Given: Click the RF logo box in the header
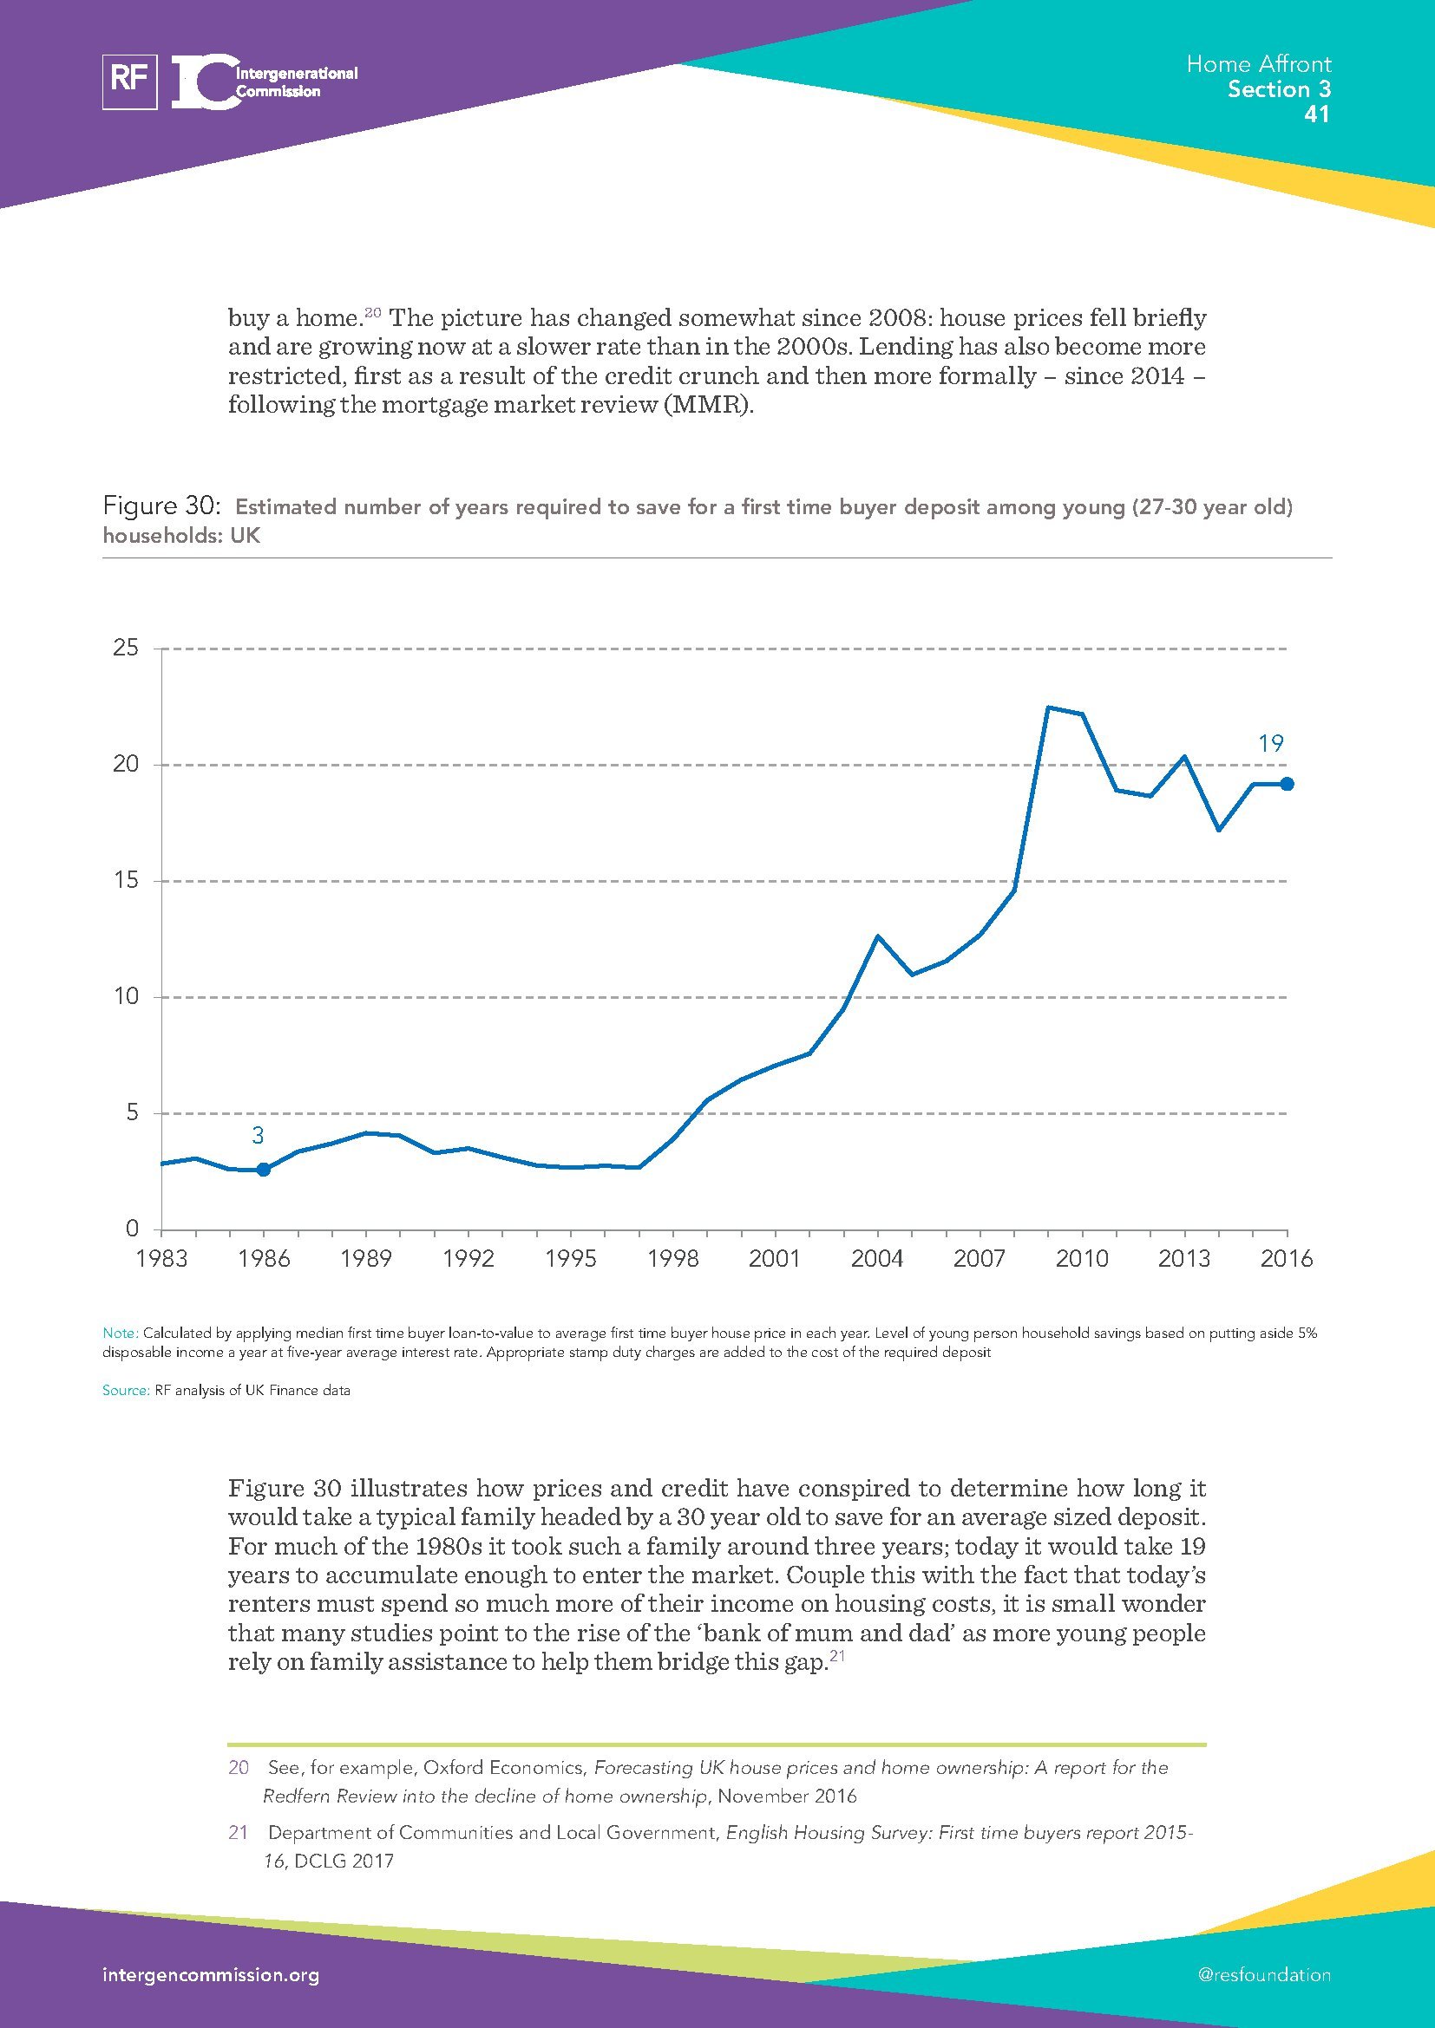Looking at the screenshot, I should [x=130, y=82].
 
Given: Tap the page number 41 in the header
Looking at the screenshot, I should [x=1317, y=114].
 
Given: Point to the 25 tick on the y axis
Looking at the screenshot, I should [x=127, y=649].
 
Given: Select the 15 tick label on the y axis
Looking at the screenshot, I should [x=127, y=881].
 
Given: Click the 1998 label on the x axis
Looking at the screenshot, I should [x=673, y=1258].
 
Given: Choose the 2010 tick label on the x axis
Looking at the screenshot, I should [x=1082, y=1258].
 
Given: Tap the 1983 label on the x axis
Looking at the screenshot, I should [x=161, y=1258].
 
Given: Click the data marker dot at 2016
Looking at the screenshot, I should [x=1287, y=784].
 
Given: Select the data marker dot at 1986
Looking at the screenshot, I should [x=264, y=1170].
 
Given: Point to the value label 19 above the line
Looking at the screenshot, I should [x=1271, y=744].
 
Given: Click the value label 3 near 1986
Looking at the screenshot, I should [x=258, y=1136].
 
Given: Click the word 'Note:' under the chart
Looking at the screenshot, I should [x=121, y=1333].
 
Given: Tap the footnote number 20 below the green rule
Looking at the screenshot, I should [x=239, y=1767].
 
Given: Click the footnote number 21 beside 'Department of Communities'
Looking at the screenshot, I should [x=239, y=1832].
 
